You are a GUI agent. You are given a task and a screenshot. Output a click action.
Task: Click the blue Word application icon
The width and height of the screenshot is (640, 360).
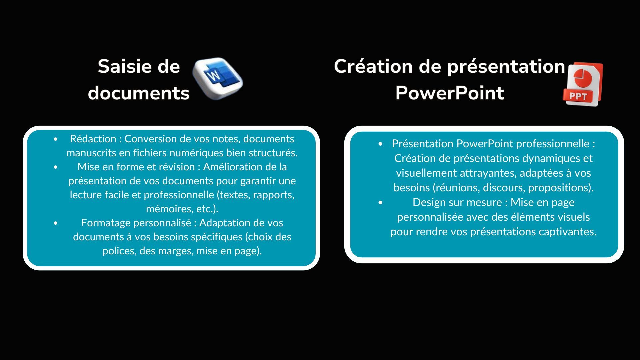pyautogui.click(x=218, y=79)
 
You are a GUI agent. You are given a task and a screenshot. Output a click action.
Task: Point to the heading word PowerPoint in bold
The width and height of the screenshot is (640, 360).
pyautogui.click(x=449, y=93)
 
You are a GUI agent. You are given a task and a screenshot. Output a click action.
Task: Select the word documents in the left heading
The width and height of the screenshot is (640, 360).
pyautogui.click(x=139, y=93)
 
